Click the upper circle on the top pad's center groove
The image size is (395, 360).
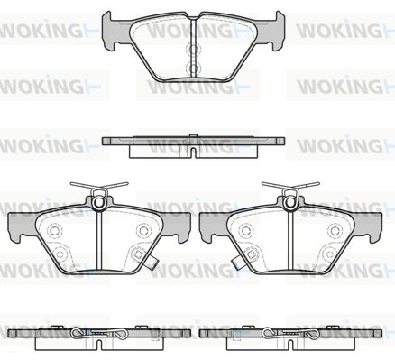point(193,49)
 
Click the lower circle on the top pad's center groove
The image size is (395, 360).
point(193,68)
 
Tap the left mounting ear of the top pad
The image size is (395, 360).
point(110,30)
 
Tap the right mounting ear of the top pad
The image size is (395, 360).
point(276,30)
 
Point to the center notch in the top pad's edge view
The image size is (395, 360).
point(194,152)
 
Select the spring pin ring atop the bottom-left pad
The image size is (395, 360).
point(98,202)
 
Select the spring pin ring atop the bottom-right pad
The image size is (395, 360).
point(290,202)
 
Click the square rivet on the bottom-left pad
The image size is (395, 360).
point(138,254)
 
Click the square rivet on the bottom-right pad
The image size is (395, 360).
point(251,254)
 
